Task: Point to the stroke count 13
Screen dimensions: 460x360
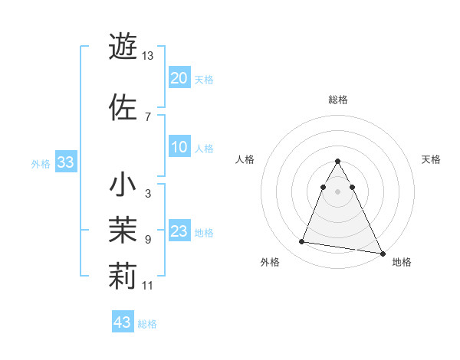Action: coord(148,56)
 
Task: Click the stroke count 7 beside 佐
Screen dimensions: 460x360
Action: coord(147,116)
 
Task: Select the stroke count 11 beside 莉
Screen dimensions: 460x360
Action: coord(148,286)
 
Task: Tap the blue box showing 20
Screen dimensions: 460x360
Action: coord(179,78)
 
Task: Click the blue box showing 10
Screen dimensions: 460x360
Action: coord(179,148)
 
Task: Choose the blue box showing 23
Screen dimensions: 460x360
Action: coord(179,232)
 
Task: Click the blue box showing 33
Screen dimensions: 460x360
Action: coord(65,162)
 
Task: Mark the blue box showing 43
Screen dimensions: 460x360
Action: coord(123,322)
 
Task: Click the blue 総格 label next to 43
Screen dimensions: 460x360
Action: coord(147,324)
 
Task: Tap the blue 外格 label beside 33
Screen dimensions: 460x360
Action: coord(41,163)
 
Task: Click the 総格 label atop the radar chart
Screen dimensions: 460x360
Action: coord(338,100)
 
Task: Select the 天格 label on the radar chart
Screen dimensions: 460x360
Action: coord(431,159)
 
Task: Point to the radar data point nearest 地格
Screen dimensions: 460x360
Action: coord(383,253)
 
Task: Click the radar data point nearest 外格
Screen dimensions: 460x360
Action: coord(302,242)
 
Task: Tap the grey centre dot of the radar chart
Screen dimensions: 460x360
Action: coord(338,192)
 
